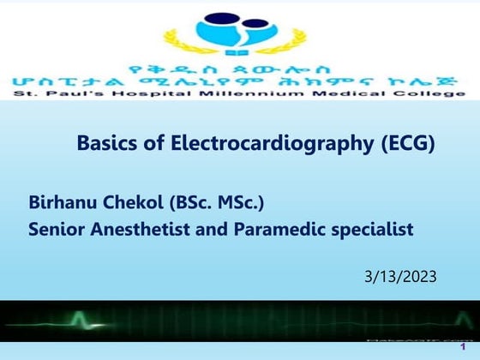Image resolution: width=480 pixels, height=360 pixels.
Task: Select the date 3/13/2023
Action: coord(400,276)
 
